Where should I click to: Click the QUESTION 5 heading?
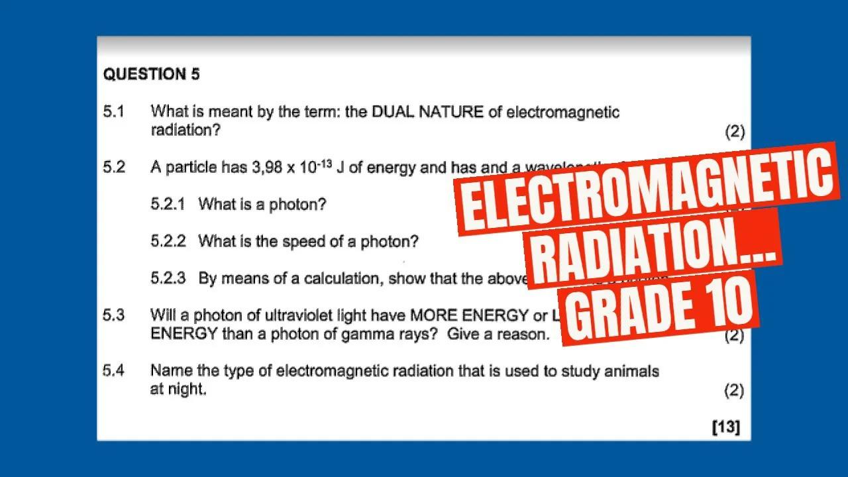click(x=151, y=74)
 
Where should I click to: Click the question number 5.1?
click(x=113, y=112)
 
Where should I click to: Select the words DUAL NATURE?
click(x=427, y=112)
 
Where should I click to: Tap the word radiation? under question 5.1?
click(x=185, y=131)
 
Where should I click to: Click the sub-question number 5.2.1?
click(x=168, y=205)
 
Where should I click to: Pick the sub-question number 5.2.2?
click(x=168, y=242)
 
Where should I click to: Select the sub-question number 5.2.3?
click(x=168, y=279)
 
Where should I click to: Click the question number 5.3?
click(x=113, y=315)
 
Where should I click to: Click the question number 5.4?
click(x=113, y=371)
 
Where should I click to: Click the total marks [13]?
click(x=726, y=427)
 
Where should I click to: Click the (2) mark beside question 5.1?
click(x=735, y=131)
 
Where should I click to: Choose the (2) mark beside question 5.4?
click(x=734, y=390)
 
